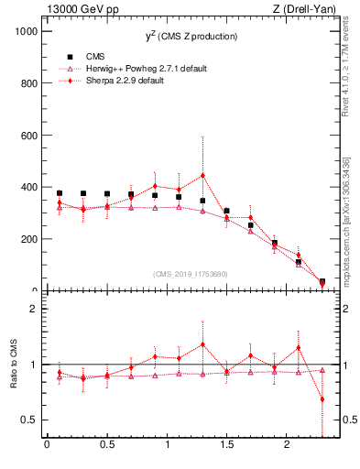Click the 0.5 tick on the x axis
[107, 445]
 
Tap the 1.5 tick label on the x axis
[226, 445]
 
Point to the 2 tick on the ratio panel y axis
[34, 309]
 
